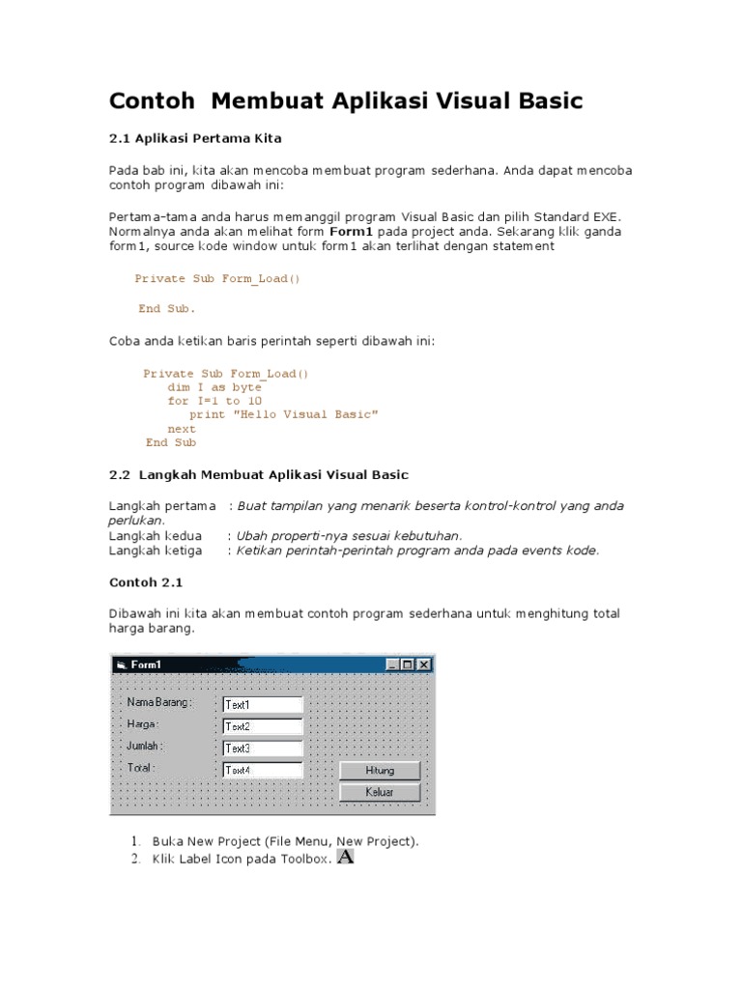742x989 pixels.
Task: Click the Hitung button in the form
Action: (x=380, y=771)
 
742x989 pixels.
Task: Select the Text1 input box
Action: (x=262, y=705)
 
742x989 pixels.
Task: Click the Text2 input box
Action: (x=262, y=726)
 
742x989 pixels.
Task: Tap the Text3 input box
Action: (x=262, y=749)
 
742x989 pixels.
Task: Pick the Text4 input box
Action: (x=262, y=771)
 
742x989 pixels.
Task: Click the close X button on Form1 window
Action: (x=424, y=664)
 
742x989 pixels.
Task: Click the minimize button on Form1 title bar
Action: (x=392, y=664)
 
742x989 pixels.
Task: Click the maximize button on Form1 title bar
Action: (x=408, y=664)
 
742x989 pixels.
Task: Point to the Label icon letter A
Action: (x=345, y=857)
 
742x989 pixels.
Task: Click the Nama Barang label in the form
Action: (x=159, y=702)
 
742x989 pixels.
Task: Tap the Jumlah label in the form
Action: (x=145, y=746)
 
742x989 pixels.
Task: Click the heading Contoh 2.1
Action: (x=145, y=583)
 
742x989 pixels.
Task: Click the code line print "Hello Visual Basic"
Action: (x=283, y=414)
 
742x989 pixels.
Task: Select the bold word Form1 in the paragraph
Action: (x=351, y=232)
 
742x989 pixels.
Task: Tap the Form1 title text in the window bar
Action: (x=146, y=664)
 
